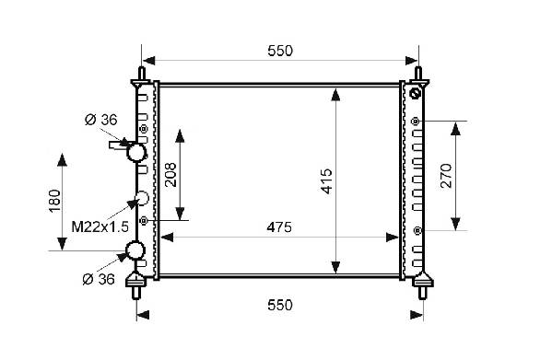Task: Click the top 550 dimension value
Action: tap(280, 51)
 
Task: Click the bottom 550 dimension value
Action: tap(280, 305)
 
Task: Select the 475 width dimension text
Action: tap(279, 227)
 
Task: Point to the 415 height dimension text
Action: tap(327, 181)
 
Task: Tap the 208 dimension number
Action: tap(170, 175)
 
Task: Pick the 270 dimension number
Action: tap(446, 176)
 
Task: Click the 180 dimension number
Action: tap(55, 201)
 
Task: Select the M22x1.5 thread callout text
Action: tap(100, 227)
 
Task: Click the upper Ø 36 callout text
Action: tap(100, 120)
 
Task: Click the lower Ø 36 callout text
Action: tap(99, 280)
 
